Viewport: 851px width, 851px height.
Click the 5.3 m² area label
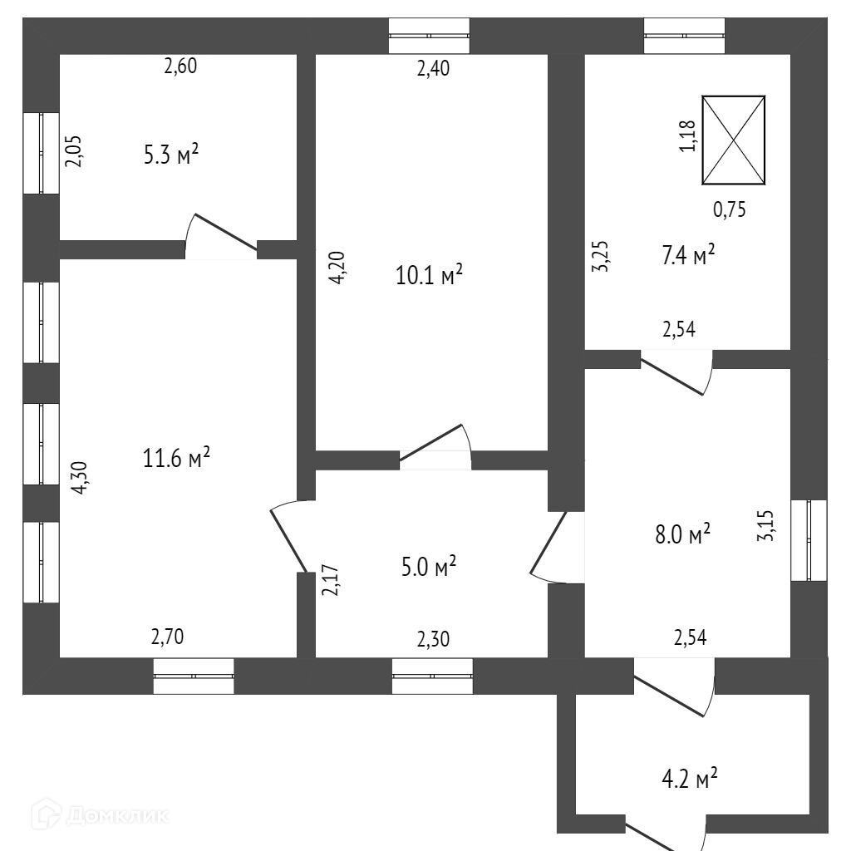(x=171, y=155)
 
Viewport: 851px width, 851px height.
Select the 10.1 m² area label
(x=429, y=274)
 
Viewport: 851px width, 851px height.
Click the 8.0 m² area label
(x=683, y=534)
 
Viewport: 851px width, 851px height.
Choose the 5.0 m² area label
(x=429, y=568)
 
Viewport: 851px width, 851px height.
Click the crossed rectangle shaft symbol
(x=733, y=140)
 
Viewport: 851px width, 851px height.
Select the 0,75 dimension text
(x=730, y=210)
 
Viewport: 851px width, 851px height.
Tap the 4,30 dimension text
(x=80, y=479)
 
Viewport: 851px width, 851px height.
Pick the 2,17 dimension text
(x=330, y=581)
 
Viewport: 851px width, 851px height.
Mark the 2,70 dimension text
(x=167, y=637)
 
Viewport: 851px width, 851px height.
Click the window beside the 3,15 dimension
(x=809, y=540)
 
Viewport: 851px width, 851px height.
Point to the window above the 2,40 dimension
(x=430, y=36)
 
